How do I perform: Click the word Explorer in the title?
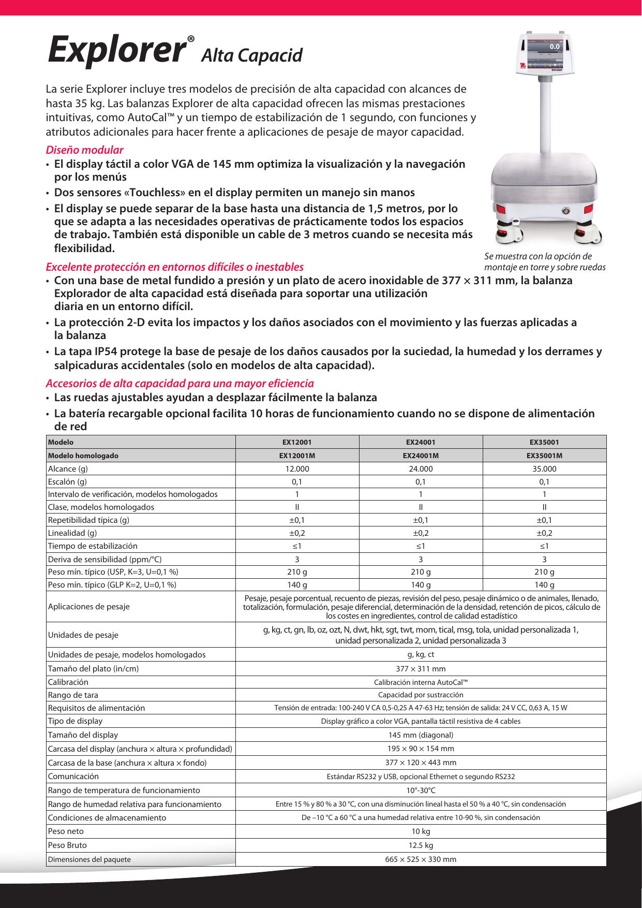117,50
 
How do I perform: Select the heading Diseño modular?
84,150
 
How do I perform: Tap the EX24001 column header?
421,442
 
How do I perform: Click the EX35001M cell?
544,456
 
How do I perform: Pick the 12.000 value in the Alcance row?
297,468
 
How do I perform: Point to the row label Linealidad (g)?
72,533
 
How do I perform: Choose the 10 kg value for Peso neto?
421,831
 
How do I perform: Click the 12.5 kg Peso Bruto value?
421,845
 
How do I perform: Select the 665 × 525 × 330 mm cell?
421,859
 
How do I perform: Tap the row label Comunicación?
73,776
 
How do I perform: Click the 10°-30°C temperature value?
421,790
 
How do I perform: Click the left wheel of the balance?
509,233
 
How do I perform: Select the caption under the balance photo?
544,261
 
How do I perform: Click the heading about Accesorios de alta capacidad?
180,384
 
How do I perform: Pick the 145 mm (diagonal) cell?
421,735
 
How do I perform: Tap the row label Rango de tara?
73,695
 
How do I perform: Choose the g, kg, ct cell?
421,654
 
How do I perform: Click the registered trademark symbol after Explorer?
191,39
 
